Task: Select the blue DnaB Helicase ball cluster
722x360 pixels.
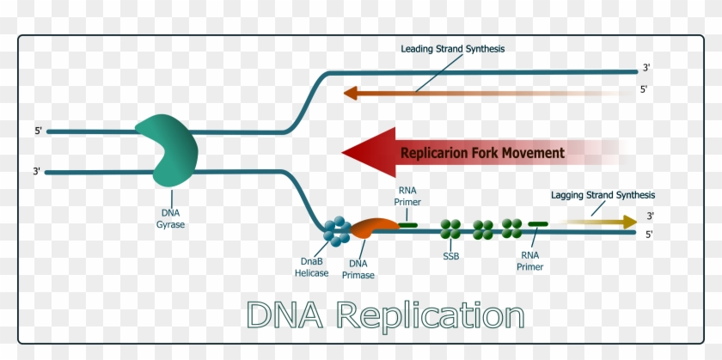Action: tap(336, 229)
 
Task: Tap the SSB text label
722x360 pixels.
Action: tap(450, 257)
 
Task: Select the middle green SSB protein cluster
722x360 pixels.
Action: tap(482, 229)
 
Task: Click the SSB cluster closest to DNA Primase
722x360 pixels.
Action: tap(450, 229)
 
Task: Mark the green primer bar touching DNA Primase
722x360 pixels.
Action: tap(408, 225)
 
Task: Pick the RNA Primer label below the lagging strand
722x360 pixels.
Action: tap(531, 260)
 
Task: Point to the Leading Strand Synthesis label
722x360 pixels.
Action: tap(452, 48)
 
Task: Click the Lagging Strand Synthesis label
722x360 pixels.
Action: tap(603, 195)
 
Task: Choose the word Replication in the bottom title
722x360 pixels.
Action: tap(430, 315)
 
